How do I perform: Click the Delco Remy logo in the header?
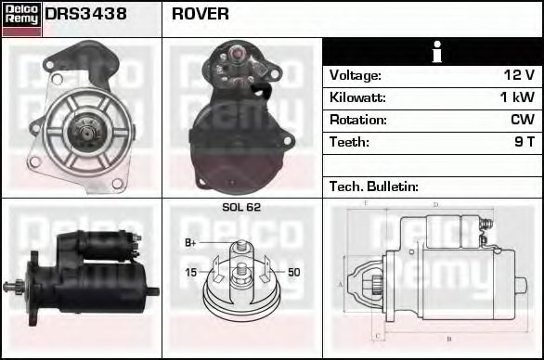click(x=21, y=19)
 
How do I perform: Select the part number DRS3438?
click(x=86, y=14)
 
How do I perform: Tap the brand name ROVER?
click(x=201, y=14)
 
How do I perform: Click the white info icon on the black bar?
click(x=433, y=52)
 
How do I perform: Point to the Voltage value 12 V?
click(x=517, y=75)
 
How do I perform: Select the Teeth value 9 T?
click(x=525, y=142)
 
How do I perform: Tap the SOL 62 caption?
click(x=242, y=207)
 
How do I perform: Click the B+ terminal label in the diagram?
click(x=190, y=243)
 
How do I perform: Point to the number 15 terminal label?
click(x=190, y=272)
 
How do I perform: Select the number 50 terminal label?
click(x=294, y=272)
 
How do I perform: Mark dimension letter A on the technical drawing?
click(x=341, y=284)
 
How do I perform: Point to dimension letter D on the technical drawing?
click(x=435, y=204)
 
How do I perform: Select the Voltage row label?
click(x=355, y=75)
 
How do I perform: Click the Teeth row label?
click(x=349, y=142)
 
